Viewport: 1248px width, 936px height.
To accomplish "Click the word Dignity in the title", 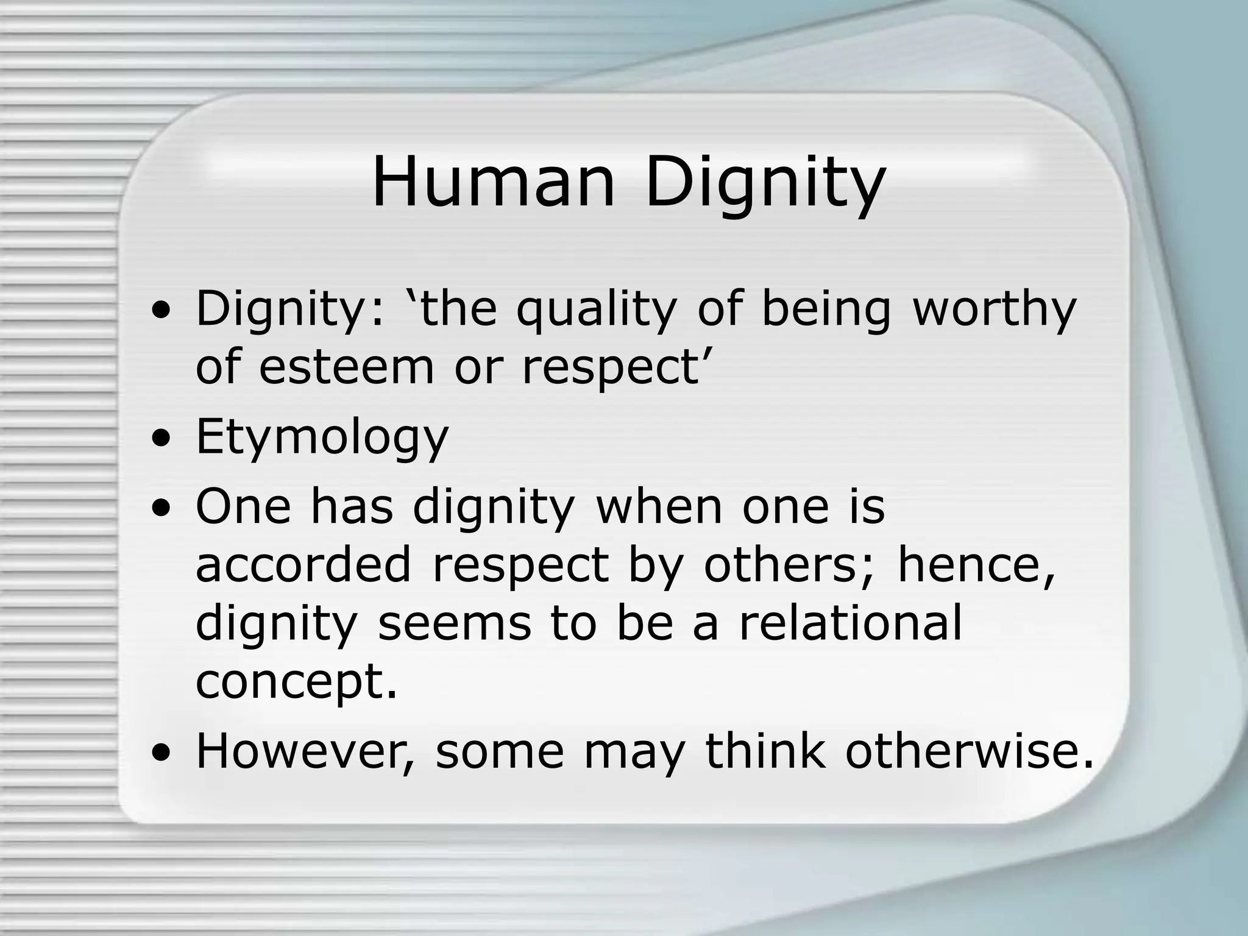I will tap(765, 183).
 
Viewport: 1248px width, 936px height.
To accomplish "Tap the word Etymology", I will tap(322, 438).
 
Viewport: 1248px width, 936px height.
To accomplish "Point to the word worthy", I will tap(994, 309).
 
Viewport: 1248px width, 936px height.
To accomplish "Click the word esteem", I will tap(346, 367).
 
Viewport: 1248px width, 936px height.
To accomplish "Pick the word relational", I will tap(851, 623).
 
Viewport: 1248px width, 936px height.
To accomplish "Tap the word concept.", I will tap(296, 681).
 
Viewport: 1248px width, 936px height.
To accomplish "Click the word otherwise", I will tap(970, 751).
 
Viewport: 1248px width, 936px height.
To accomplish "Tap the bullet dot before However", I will tap(161, 753).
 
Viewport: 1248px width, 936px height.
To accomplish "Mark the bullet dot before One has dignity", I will tap(161, 509).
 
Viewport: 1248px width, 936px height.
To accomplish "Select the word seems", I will tap(454, 623).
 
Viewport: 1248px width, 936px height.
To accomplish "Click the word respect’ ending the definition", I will tap(613, 369).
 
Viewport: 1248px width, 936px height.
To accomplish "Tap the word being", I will tap(826, 309).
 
